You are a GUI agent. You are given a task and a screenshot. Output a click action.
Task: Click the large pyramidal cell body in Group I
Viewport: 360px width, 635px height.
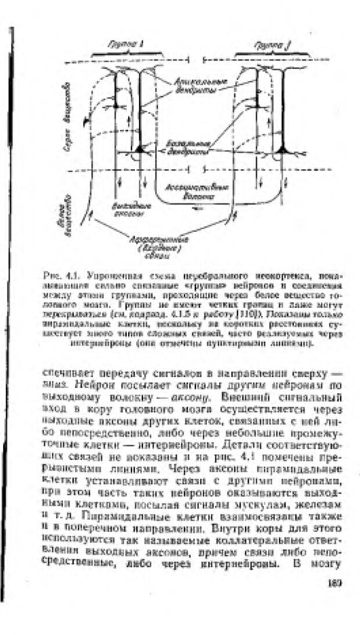[x=140, y=149]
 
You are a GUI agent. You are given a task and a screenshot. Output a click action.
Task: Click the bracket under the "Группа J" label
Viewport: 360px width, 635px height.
[x=269, y=54]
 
